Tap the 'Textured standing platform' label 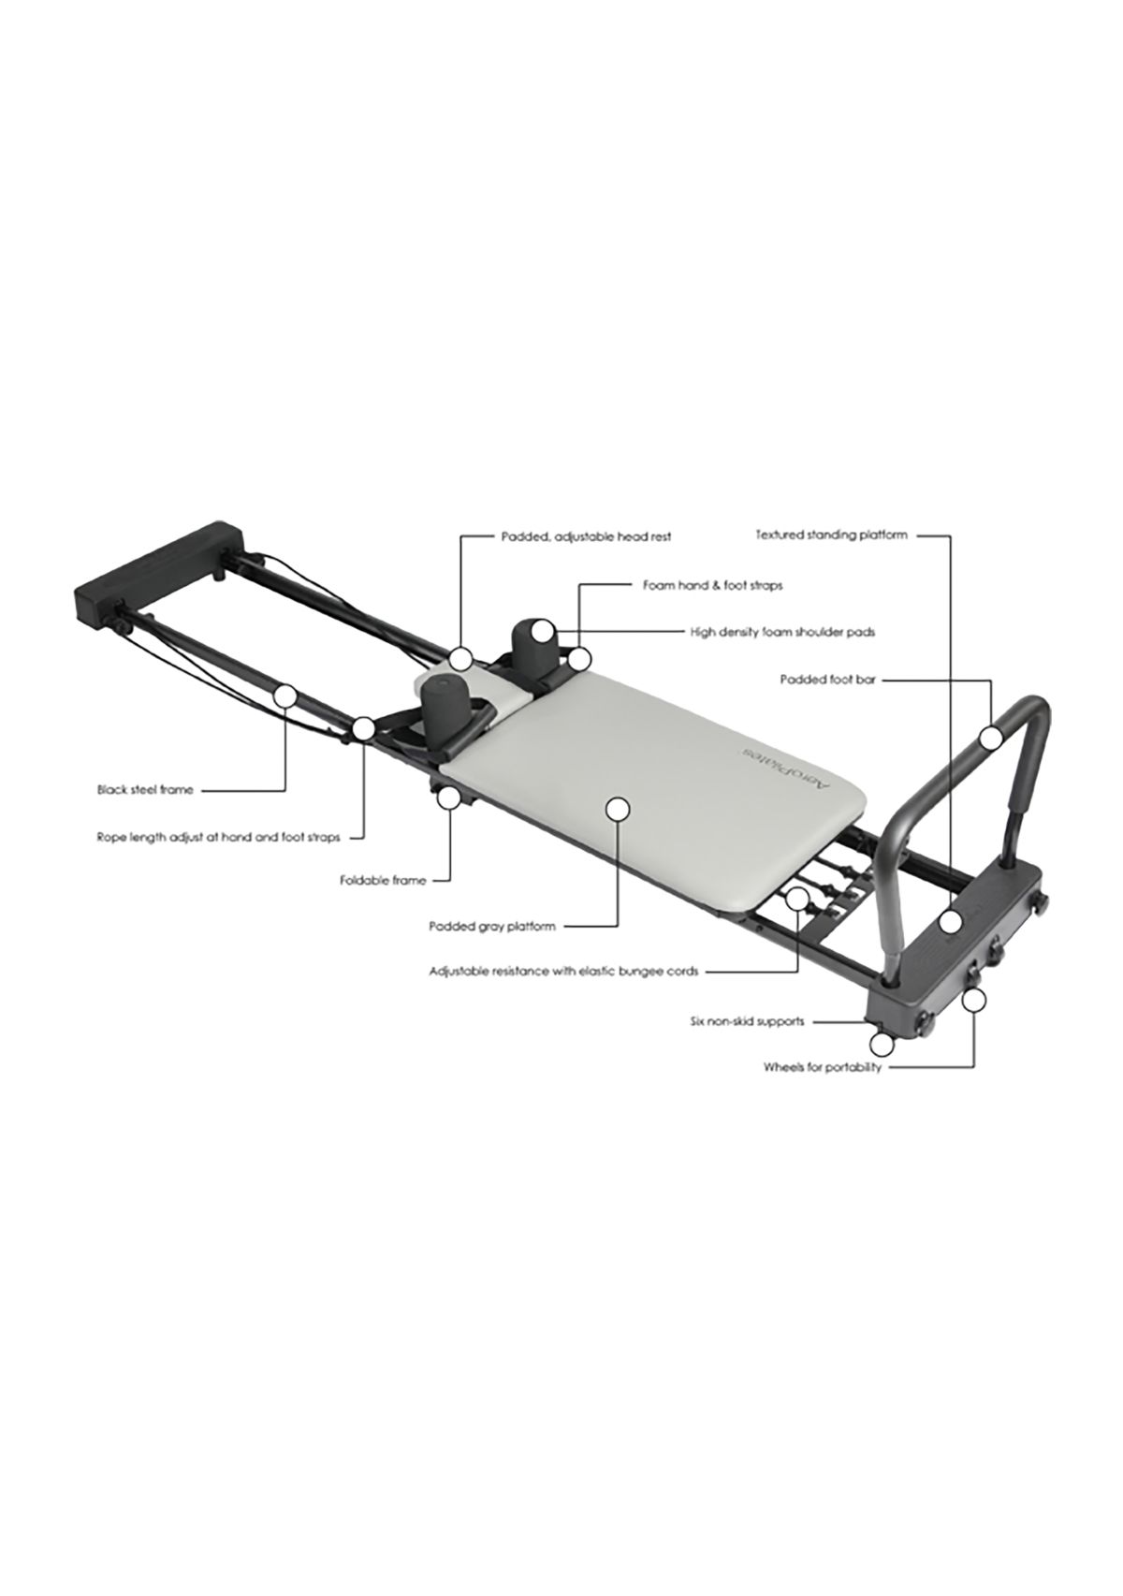(831, 534)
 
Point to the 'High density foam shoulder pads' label (782, 631)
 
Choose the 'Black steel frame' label (145, 790)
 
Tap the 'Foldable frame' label (383, 881)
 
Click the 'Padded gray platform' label (491, 927)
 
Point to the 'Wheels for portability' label (823, 1068)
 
